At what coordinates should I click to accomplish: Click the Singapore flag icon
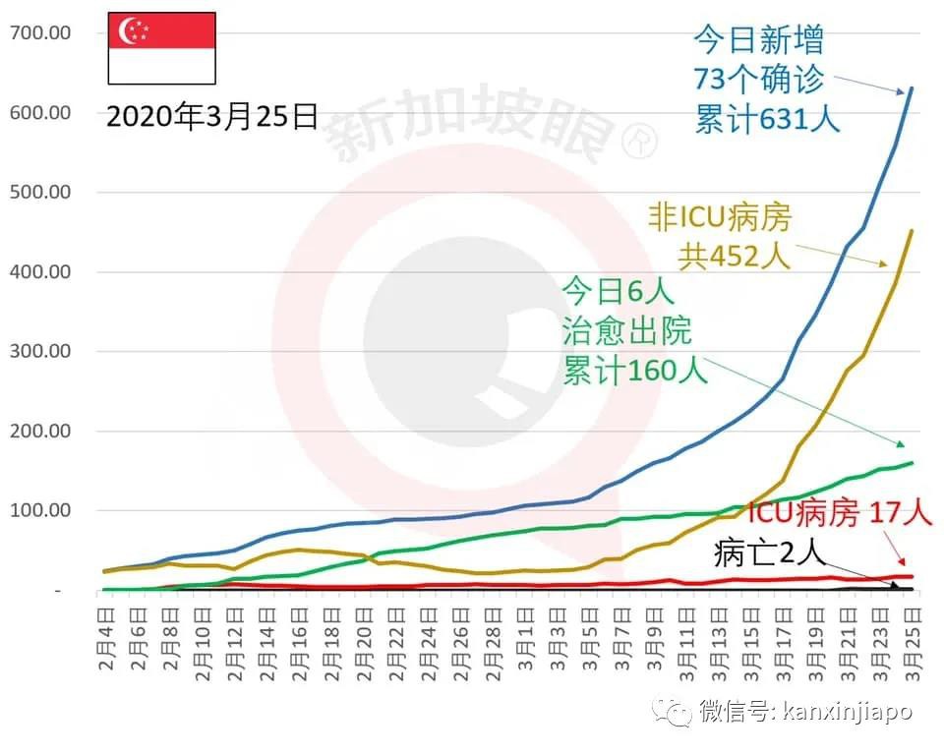tap(160, 48)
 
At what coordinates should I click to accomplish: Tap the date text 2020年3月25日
tap(211, 117)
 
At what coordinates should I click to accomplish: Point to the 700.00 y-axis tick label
tap(38, 32)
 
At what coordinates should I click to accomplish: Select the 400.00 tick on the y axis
tap(38, 271)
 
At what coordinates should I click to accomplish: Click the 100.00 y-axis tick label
tap(38, 510)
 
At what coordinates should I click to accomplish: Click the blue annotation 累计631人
tap(767, 120)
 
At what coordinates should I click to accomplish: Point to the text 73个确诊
tap(758, 80)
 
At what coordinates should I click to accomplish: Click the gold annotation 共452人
tap(734, 257)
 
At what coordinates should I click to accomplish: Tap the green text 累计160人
tap(635, 372)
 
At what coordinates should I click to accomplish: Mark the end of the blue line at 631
tap(912, 88)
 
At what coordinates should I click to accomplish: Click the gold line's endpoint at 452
tap(912, 231)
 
